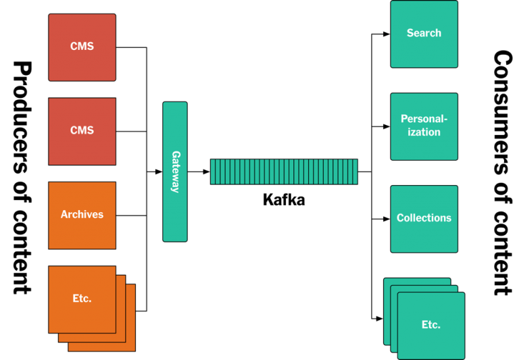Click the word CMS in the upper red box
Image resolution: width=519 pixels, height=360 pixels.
(x=82, y=47)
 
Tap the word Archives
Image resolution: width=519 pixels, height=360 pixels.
(x=82, y=215)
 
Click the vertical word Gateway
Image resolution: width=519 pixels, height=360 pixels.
(x=175, y=172)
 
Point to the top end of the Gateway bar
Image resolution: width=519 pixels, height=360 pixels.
(x=175, y=105)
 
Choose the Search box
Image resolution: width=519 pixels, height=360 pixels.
(x=424, y=34)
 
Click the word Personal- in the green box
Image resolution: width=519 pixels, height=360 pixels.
(x=424, y=120)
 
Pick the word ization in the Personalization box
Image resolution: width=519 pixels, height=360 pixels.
(x=424, y=132)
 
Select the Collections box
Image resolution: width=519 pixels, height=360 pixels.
(x=424, y=218)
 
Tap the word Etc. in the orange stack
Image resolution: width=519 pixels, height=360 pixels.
(x=82, y=299)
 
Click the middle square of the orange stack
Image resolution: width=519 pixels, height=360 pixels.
(x=121, y=338)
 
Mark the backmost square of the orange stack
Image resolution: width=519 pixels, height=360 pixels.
(x=130, y=346)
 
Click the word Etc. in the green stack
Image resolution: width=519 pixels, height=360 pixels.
(x=430, y=325)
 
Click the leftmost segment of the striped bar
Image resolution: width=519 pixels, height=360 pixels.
(x=214, y=172)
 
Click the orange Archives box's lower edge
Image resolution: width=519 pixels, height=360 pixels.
(x=82, y=247)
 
